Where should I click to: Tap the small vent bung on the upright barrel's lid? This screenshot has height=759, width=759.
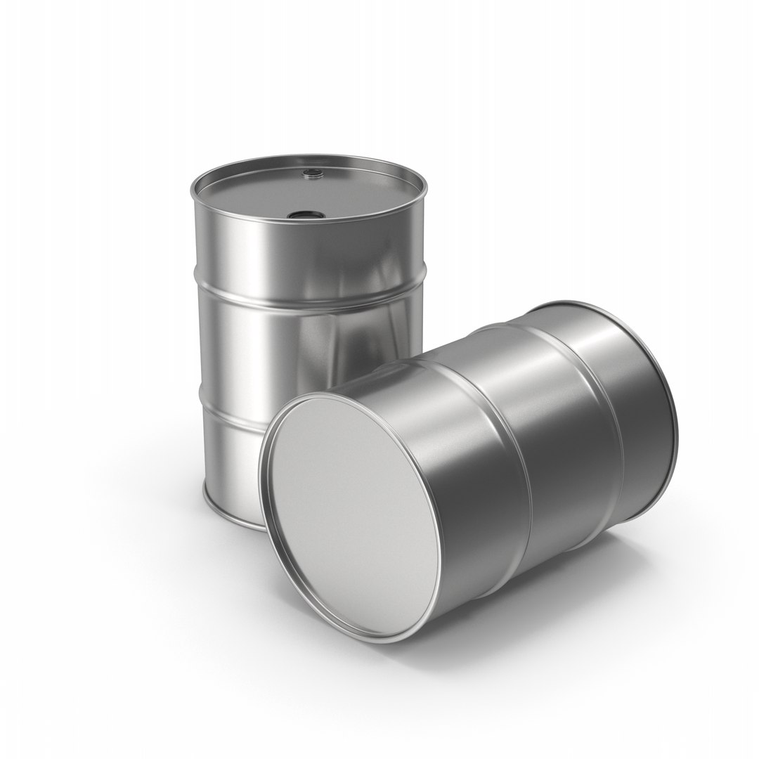[x=309, y=171]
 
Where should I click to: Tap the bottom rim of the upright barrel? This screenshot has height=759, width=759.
[x=225, y=505]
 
